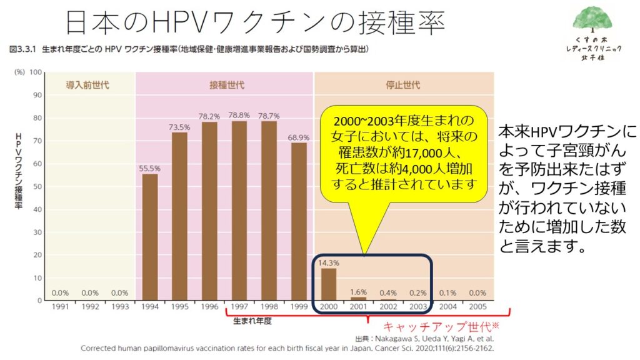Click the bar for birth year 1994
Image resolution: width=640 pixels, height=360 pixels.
tap(150, 237)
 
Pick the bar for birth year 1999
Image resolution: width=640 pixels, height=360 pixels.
tap(299, 222)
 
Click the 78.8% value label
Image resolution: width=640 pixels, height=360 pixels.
tap(239, 115)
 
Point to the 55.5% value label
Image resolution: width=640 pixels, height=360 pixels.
tap(150, 168)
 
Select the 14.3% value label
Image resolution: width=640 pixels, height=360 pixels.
tap(328, 262)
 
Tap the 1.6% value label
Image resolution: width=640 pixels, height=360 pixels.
tap(358, 291)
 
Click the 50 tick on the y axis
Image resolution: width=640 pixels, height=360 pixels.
tap(36, 186)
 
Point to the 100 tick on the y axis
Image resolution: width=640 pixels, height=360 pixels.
tap(35, 72)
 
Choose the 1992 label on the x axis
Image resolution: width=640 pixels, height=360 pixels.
tap(90, 307)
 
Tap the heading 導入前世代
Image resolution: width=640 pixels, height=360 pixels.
tap(88, 85)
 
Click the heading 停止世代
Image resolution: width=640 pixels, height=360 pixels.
tap(402, 85)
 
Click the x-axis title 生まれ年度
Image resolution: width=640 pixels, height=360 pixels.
tap(252, 321)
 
